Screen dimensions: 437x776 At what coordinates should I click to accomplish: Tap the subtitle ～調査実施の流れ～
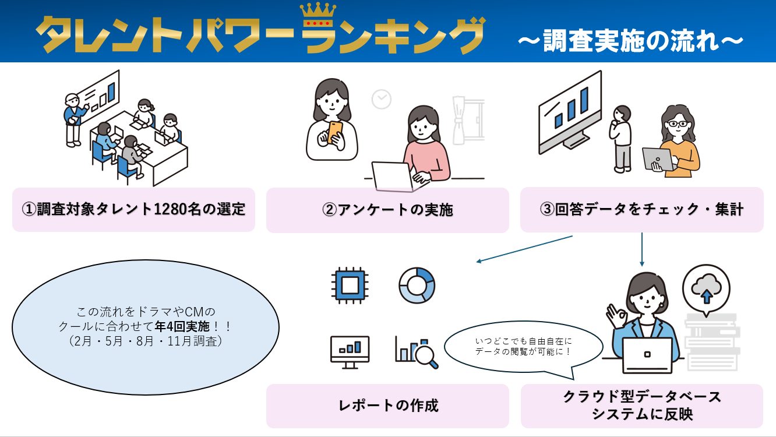tap(631, 41)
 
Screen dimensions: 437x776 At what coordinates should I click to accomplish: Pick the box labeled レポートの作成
tap(387, 406)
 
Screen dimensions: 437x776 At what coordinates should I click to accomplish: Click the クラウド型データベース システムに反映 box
tap(641, 406)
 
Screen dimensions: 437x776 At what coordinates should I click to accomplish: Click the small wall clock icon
tap(382, 99)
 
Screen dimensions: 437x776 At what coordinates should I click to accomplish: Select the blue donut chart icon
tap(417, 286)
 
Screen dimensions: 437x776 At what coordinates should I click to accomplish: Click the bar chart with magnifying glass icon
tap(417, 351)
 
